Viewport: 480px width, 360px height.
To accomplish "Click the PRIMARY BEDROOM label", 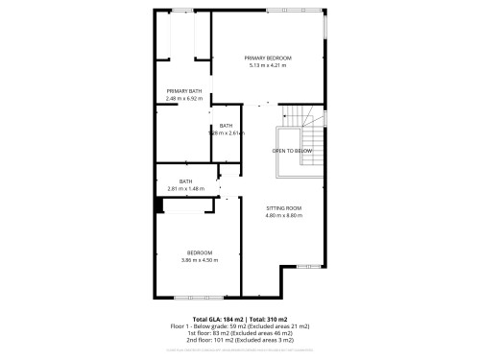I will (x=268, y=58).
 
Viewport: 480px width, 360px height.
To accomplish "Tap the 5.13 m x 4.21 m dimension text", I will (x=268, y=65).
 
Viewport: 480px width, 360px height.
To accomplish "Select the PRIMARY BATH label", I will (x=183, y=91).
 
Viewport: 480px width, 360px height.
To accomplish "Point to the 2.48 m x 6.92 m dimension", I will (x=183, y=98).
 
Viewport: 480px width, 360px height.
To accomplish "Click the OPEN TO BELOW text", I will (x=292, y=151).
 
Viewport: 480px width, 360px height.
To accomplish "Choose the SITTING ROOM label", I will (x=284, y=208).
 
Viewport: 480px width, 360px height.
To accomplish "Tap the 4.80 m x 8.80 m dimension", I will (x=284, y=216).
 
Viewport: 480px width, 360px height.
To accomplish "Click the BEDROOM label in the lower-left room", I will (x=200, y=252).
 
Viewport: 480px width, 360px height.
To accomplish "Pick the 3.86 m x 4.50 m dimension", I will (x=200, y=260).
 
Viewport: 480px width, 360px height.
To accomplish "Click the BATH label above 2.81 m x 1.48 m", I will (x=186, y=181).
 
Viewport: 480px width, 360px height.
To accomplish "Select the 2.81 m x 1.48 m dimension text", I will (x=186, y=188).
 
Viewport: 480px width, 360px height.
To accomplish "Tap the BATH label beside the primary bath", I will (x=226, y=126).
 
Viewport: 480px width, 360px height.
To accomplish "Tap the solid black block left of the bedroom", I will (x=158, y=204).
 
